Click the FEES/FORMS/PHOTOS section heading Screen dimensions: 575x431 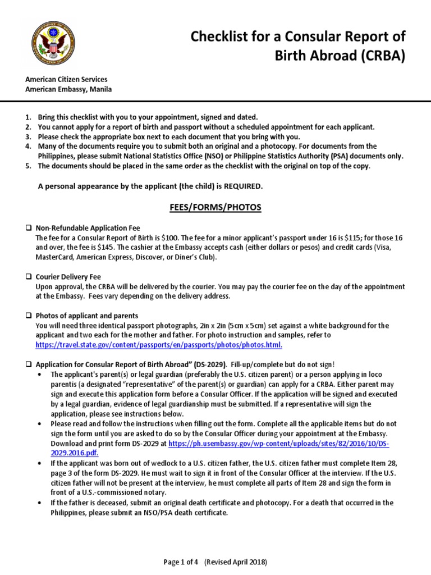click(215, 207)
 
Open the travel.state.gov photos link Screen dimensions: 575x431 click(159, 345)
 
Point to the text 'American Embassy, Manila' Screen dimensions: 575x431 click(68, 89)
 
